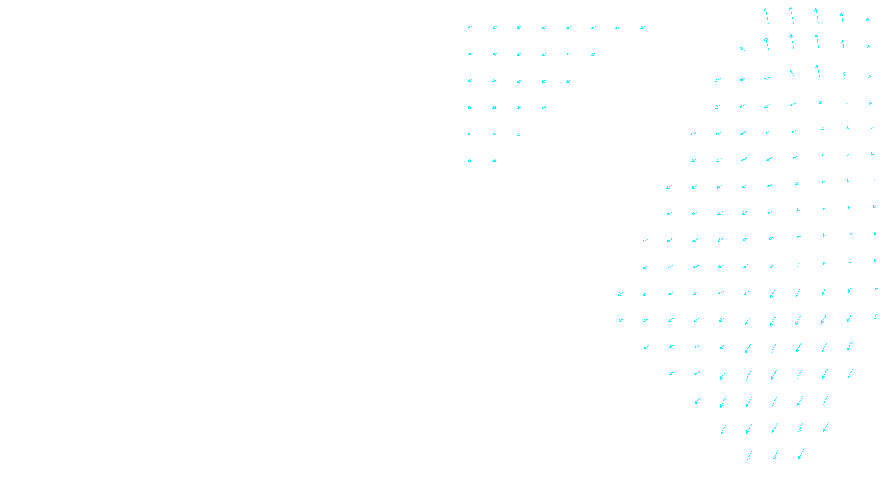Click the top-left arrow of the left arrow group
point(470,27)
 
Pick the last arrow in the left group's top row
point(643,27)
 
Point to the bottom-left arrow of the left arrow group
point(470,161)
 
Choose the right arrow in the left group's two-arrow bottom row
point(494,161)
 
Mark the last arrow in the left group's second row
point(593,54)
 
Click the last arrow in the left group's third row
point(568,81)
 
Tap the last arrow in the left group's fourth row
point(544,108)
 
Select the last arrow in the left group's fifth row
point(519,134)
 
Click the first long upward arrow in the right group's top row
point(767,16)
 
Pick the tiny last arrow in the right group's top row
point(868,20)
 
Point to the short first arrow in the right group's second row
point(742,49)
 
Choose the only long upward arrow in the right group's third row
point(818,70)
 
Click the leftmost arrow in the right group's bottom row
point(750,455)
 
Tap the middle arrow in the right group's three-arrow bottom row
point(775,455)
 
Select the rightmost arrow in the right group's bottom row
point(801,455)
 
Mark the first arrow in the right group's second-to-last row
point(723,429)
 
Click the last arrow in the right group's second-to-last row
point(825,427)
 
